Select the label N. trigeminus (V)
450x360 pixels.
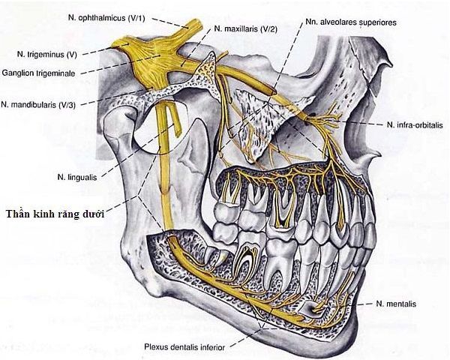coord(46,55)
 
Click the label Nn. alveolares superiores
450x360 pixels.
coord(351,22)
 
